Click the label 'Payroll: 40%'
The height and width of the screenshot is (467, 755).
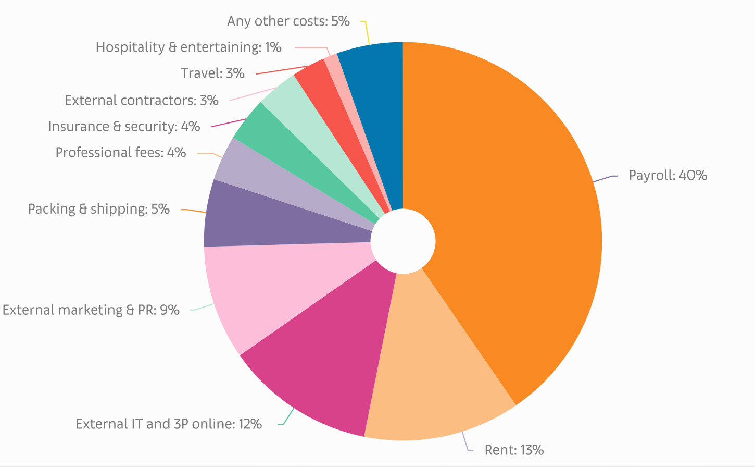[668, 175]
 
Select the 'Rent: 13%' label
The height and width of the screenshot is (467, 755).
[514, 450]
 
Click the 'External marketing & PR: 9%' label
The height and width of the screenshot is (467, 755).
[91, 310]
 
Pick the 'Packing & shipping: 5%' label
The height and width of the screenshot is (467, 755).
[99, 210]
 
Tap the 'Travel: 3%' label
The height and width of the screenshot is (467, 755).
[212, 73]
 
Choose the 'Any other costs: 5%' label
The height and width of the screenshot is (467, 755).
[288, 21]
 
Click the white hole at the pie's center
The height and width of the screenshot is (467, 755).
[402, 241]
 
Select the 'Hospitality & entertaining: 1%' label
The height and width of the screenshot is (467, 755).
[188, 47]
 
